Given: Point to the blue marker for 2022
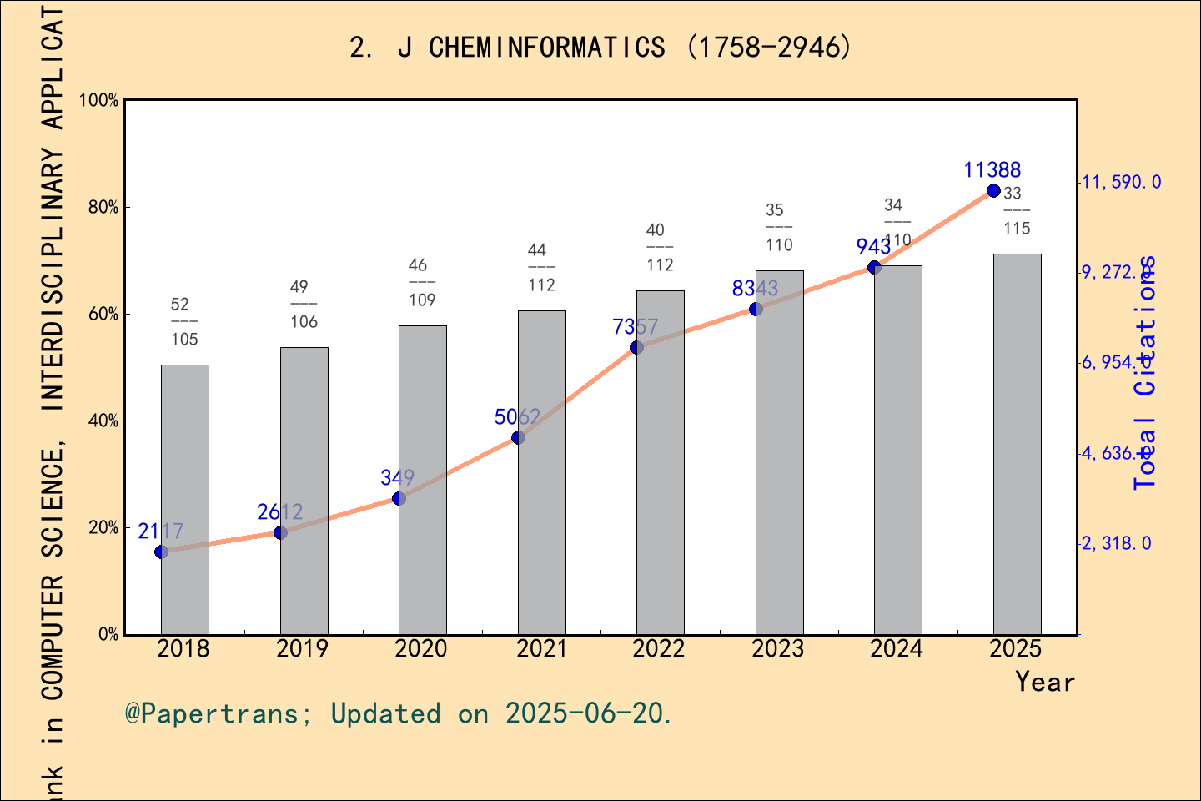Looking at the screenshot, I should click(636, 347).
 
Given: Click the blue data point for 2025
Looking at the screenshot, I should click(993, 191).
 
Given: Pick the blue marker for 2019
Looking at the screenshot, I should click(280, 532).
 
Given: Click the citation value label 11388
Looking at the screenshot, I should click(992, 170).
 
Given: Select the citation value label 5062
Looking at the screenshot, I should click(517, 416).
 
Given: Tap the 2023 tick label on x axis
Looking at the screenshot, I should click(777, 649).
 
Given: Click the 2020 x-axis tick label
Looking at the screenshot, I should click(421, 649).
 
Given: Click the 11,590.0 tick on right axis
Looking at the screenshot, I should click(1121, 182).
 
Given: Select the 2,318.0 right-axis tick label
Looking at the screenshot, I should click(1117, 543).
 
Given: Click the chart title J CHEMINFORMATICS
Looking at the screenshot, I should click(600, 48).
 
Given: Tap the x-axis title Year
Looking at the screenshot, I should click(1044, 682).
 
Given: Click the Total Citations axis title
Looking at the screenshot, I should click(1146, 372).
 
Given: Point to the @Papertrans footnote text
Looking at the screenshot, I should click(399, 713).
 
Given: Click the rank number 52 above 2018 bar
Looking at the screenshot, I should click(179, 305).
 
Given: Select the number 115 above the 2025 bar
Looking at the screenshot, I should click(1017, 229).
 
